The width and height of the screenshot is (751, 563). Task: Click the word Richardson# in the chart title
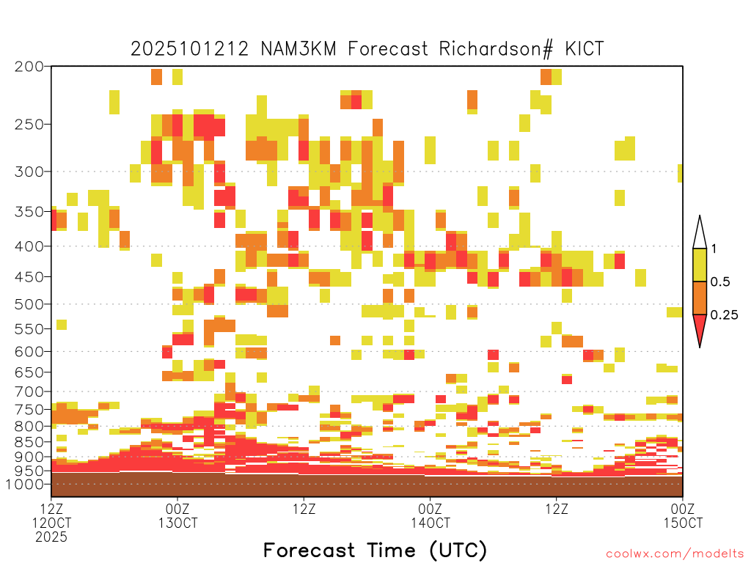(496, 49)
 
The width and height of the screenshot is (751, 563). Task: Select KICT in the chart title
(585, 49)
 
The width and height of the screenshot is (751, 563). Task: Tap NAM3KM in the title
(298, 49)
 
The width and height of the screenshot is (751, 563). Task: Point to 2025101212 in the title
(190, 49)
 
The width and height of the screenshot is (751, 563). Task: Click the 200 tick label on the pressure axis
(29, 67)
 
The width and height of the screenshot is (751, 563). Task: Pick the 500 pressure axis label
(29, 304)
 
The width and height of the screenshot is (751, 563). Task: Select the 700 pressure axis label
(29, 391)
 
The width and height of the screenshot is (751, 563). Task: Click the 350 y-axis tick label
(29, 211)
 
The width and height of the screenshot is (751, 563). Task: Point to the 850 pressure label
(29, 441)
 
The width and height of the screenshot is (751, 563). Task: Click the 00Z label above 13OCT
(177, 509)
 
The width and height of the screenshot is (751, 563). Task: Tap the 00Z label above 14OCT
(430, 509)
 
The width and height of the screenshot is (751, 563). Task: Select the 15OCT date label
(683, 523)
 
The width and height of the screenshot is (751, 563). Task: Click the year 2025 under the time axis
(51, 537)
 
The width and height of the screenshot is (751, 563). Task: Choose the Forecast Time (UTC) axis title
(375, 551)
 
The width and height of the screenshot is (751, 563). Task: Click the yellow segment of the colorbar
(700, 265)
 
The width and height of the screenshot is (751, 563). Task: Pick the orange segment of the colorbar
(700, 298)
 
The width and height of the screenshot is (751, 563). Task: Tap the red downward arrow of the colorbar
(700, 328)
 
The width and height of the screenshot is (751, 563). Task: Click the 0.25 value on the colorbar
(724, 315)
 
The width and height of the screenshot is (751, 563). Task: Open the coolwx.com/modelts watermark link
(675, 554)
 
